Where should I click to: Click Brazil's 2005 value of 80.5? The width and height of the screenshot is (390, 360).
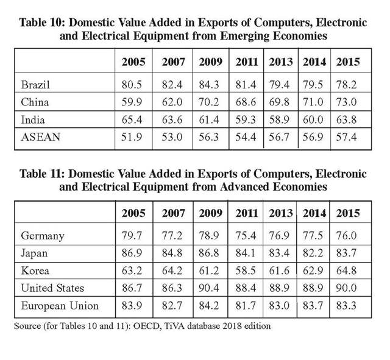tap(133, 83)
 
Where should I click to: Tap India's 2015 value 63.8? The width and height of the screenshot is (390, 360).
tap(347, 119)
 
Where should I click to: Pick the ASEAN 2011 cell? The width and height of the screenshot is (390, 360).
tap(246, 138)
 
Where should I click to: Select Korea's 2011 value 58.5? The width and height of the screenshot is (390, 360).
tap(246, 270)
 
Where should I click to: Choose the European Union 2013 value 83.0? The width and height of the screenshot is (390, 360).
tap(280, 306)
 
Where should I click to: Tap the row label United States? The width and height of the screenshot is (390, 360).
tap(52, 288)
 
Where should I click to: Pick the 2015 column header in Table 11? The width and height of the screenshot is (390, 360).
tap(347, 214)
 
